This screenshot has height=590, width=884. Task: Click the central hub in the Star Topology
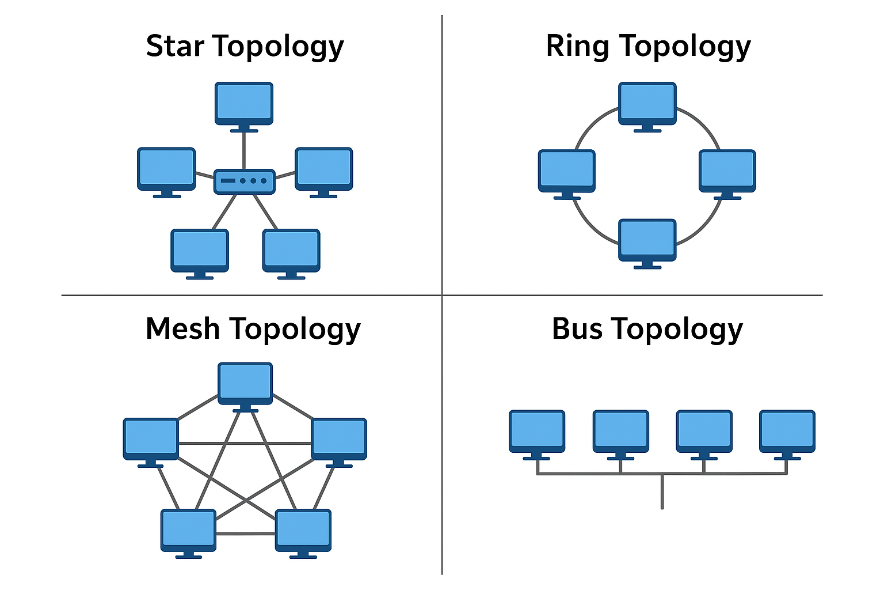(x=244, y=181)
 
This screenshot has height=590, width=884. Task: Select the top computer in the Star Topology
(x=244, y=107)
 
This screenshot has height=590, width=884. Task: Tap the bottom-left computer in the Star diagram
(x=200, y=254)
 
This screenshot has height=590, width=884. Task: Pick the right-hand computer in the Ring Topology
(x=727, y=174)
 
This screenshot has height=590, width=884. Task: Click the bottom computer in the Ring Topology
(x=647, y=244)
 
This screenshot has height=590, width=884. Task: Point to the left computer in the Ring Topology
(x=567, y=174)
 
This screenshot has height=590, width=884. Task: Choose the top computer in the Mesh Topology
(x=245, y=387)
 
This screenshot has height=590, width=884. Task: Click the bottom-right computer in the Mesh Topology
(x=303, y=534)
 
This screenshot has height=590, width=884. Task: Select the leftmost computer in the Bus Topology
(x=537, y=435)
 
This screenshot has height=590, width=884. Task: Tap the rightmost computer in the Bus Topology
(x=787, y=435)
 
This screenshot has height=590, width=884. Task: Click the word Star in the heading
(x=175, y=46)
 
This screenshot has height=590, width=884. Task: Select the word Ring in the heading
(x=578, y=47)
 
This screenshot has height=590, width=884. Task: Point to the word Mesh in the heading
(x=182, y=328)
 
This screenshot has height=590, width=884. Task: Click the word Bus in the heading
(x=577, y=328)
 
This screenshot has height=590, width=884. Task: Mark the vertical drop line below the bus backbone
(x=662, y=491)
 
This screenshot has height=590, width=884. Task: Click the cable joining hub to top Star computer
(x=244, y=151)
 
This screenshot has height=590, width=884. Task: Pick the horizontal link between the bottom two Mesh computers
(x=246, y=534)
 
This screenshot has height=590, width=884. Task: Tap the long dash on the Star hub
(x=228, y=180)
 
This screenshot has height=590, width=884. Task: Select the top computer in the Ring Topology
(x=647, y=107)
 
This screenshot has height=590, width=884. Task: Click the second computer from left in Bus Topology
(x=621, y=435)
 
